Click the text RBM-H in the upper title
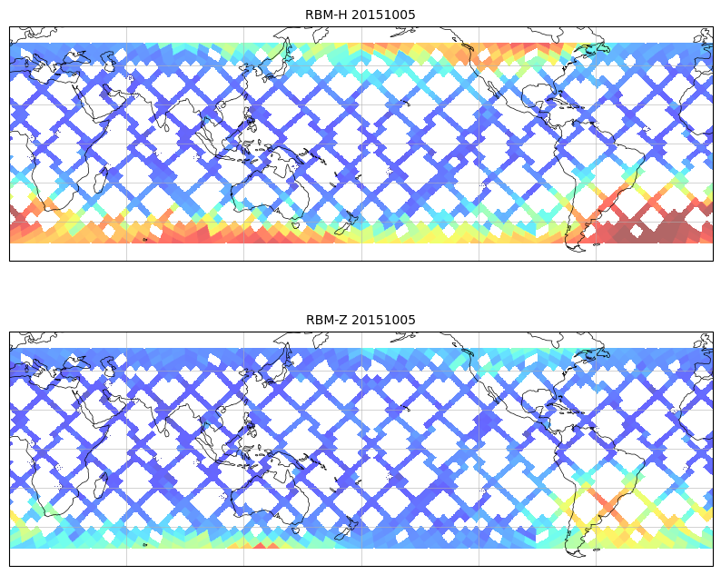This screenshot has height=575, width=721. pos(326,15)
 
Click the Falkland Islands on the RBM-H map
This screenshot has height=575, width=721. pos(596,243)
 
